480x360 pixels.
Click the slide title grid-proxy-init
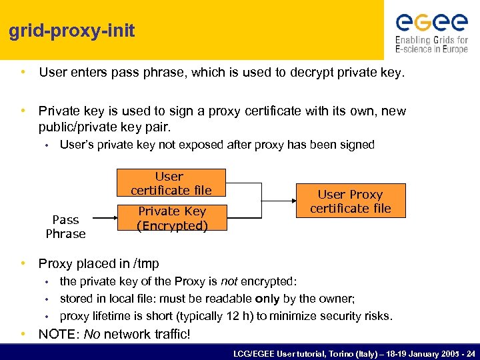72,31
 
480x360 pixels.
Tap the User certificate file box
171,183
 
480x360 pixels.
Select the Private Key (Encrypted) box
172,218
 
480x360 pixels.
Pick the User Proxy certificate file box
350,201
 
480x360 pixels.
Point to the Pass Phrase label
65,227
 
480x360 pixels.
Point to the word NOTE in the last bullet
58,334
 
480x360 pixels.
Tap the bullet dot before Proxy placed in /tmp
23,263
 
